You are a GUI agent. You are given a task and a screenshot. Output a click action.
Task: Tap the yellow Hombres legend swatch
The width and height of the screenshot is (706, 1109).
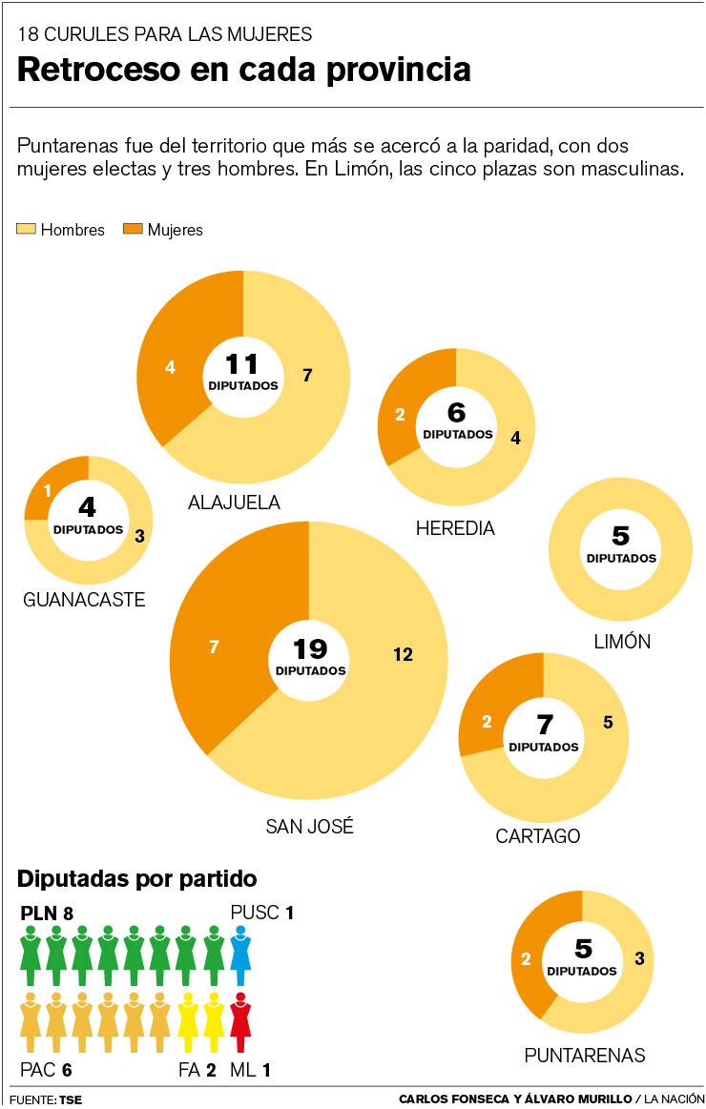[26, 230]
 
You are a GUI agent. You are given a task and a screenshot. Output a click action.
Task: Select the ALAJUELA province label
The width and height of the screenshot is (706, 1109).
[234, 503]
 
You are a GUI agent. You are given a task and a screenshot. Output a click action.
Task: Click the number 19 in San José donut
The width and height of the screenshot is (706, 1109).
[310, 649]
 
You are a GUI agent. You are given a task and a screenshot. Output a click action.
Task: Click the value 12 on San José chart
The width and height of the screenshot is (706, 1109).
[402, 654]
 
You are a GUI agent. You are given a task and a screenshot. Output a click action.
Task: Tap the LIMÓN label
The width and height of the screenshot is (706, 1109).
[621, 642]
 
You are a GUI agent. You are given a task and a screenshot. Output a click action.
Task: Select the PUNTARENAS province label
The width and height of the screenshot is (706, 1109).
[584, 1056]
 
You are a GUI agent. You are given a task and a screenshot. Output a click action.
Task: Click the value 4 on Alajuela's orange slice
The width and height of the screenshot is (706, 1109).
[171, 367]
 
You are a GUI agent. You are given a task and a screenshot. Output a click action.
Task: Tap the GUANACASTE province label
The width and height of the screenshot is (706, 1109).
[84, 600]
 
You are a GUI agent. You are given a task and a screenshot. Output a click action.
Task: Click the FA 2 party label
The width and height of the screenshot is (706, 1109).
[197, 1071]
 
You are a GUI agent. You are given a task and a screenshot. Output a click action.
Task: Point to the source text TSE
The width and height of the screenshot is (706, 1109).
[71, 1099]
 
